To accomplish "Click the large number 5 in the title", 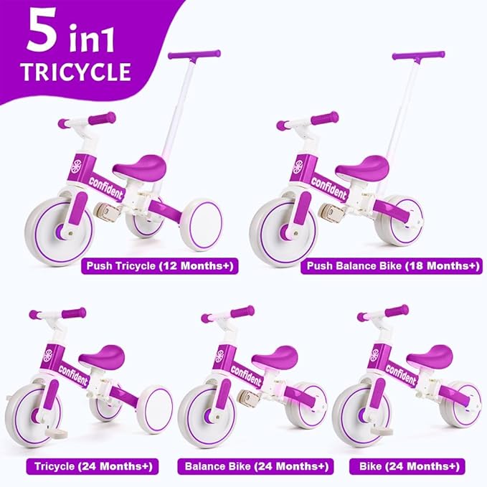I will (x=42, y=33).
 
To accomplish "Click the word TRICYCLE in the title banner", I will (x=75, y=72).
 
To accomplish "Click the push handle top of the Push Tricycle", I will (x=194, y=55).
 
